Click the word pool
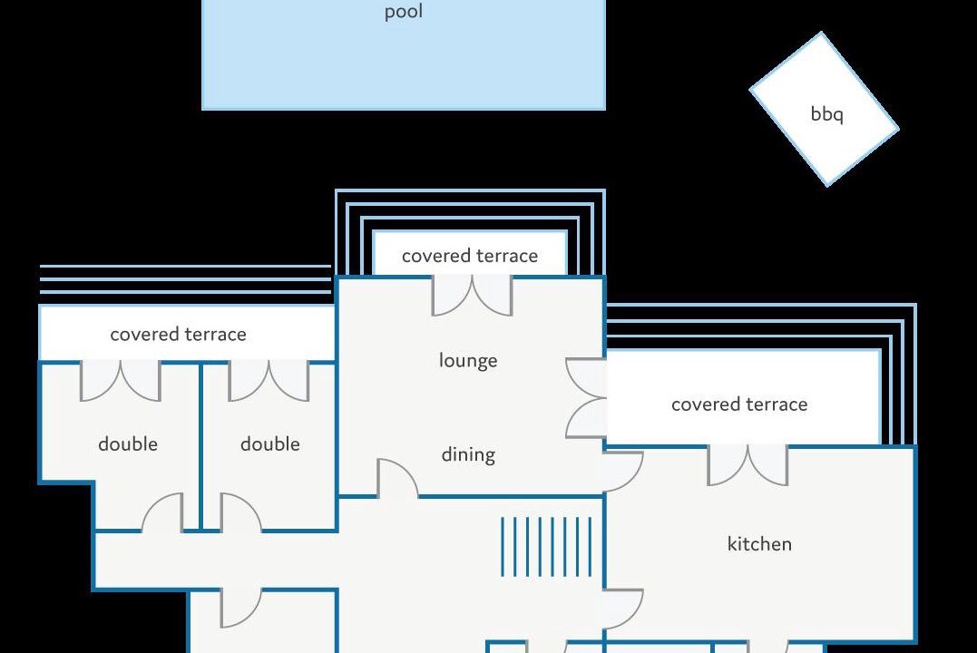[403, 12]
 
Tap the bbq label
[826, 114]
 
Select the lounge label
[468, 361]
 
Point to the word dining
[468, 455]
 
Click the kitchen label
[759, 544]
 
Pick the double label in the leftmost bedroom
[128, 443]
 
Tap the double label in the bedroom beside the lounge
[269, 443]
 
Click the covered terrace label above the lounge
[470, 256]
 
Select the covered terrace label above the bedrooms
[178, 334]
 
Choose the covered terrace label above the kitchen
[739, 404]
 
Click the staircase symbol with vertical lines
[546, 547]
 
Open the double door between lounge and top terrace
[473, 297]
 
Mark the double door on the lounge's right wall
[586, 397]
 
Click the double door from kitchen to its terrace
[747, 465]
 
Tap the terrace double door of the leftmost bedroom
[121, 381]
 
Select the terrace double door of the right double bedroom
[269, 381]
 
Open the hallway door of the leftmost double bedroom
[162, 512]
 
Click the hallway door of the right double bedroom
[241, 512]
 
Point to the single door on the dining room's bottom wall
[397, 479]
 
